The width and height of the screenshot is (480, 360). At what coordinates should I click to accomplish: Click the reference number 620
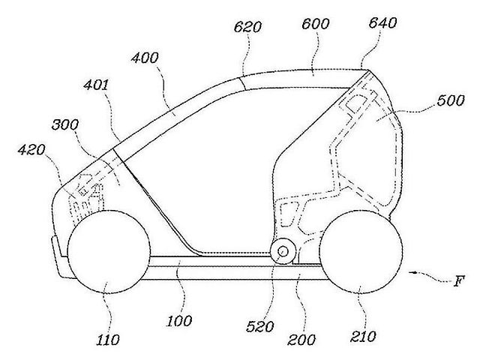click(x=247, y=27)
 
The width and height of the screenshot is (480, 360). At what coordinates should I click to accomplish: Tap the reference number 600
click(x=315, y=23)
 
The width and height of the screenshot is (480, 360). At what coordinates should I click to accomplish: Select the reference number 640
click(x=382, y=22)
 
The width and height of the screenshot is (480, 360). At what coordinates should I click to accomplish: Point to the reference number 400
click(x=145, y=58)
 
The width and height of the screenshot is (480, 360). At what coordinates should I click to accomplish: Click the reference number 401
click(x=96, y=85)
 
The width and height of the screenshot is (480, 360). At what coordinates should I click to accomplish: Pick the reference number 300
click(x=65, y=124)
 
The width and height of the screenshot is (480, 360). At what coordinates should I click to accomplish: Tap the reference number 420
click(x=31, y=150)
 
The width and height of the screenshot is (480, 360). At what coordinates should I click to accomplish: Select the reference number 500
click(x=451, y=100)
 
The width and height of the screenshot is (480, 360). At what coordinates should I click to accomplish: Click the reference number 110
click(x=108, y=340)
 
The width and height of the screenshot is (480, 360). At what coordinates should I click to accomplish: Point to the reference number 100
click(x=179, y=321)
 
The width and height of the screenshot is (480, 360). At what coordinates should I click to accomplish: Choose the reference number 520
click(x=260, y=327)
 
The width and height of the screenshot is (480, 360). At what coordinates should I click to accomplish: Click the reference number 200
click(x=301, y=340)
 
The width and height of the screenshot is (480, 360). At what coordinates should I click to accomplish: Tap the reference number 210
click(x=363, y=337)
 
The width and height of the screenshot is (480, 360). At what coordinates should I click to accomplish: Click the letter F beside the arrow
click(x=458, y=280)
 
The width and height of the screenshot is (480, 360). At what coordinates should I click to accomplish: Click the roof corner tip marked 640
click(x=369, y=70)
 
